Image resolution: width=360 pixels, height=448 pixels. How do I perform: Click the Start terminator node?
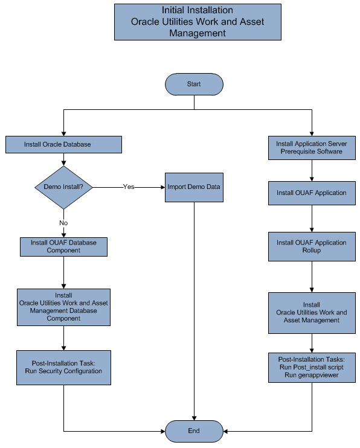[x=194, y=84]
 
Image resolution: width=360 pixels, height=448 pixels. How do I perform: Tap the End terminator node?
[x=194, y=431]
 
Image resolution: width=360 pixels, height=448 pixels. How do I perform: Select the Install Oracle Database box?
[x=63, y=145]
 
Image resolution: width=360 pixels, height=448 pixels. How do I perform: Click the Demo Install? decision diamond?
[x=63, y=187]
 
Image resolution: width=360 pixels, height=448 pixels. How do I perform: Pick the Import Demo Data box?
[x=194, y=187]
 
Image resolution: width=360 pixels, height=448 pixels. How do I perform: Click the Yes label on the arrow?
[x=128, y=187]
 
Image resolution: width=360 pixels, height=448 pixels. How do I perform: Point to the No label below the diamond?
[x=63, y=223]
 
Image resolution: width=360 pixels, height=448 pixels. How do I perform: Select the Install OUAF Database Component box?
[x=63, y=246]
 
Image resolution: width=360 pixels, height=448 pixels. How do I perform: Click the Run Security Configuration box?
[x=63, y=367]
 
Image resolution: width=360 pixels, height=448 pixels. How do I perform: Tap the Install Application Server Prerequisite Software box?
[x=311, y=148]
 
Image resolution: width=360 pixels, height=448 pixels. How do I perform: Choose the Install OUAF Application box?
[x=311, y=193]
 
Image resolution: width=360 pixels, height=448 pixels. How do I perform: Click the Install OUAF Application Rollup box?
[x=311, y=246]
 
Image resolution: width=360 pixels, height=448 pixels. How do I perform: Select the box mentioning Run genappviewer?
[x=311, y=367]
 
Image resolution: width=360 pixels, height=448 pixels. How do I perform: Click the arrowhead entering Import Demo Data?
[x=162, y=187]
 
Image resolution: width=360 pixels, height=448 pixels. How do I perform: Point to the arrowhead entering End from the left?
[x=162, y=431]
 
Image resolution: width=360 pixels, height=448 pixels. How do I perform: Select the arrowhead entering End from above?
[x=194, y=417]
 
